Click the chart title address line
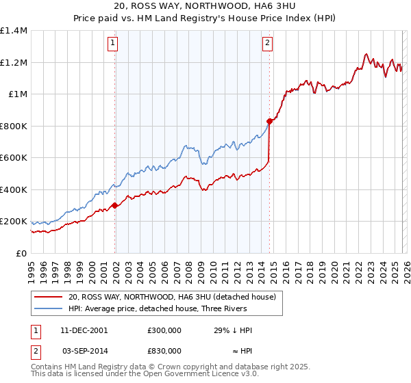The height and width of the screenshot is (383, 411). tap(206, 7)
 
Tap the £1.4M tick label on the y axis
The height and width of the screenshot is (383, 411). tap(14, 31)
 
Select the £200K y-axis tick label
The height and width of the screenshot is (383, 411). tap(14, 222)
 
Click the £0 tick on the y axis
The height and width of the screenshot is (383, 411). tap(21, 254)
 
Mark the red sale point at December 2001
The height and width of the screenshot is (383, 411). tap(114, 205)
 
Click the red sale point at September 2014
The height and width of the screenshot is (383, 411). tap(269, 121)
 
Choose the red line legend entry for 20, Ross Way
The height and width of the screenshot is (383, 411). tap(171, 297)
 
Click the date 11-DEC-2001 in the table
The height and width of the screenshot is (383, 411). tap(84, 330)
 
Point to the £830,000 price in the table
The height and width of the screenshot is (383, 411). tap(164, 350)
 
